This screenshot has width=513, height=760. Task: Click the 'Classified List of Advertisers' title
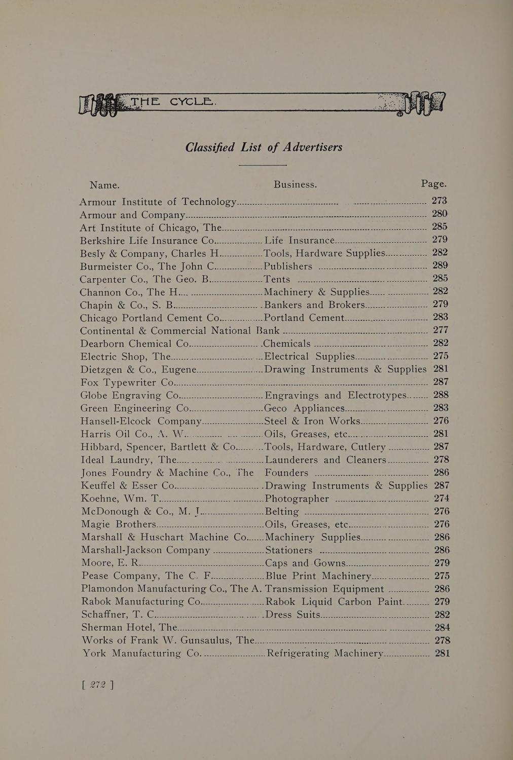[264, 147]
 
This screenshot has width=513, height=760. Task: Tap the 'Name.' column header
[104, 185]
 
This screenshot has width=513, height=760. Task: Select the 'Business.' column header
[295, 184]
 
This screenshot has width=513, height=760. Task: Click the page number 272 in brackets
[97, 685]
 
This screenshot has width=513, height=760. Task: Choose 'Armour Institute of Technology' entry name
[158, 201]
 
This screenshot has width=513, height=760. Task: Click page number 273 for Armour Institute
[439, 201]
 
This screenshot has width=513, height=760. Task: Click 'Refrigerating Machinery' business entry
[324, 654]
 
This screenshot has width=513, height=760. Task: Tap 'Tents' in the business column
[277, 279]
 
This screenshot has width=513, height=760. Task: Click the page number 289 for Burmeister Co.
[440, 265]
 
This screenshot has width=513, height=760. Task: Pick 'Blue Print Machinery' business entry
[319, 576]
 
